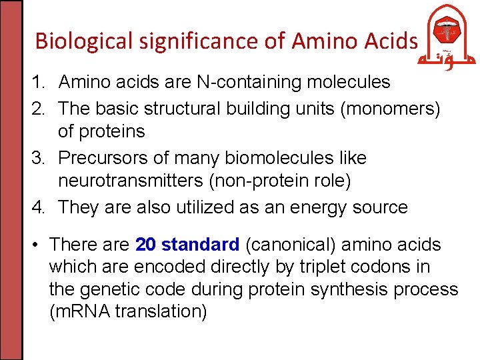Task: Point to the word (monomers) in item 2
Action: point(390,108)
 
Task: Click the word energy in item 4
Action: point(323,207)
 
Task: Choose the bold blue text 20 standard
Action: point(187,245)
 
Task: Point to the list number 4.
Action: point(37,207)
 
